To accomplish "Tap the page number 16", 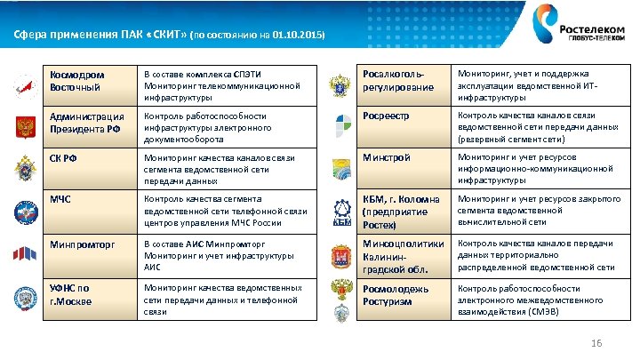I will (x=596, y=344).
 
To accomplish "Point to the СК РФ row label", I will (x=64, y=159).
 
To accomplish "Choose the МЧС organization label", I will (x=61, y=199).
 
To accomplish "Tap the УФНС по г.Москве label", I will (x=71, y=294).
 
